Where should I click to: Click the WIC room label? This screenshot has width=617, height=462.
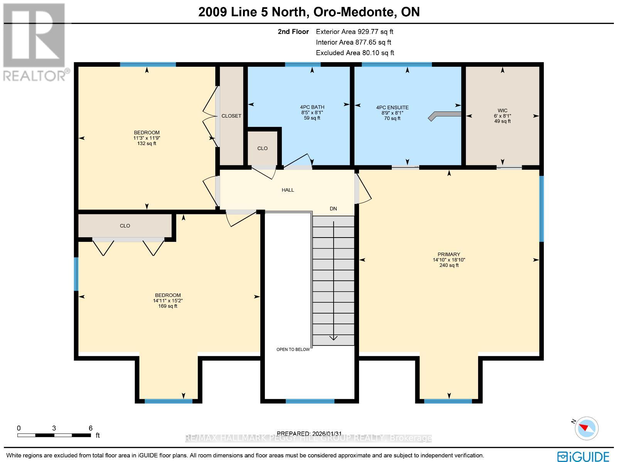click(502, 110)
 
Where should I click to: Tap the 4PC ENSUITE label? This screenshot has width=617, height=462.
click(392, 107)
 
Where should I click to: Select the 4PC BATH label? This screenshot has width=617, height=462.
click(312, 107)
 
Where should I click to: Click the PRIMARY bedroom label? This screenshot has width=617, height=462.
click(448, 254)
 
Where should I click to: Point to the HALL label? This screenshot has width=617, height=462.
click(288, 190)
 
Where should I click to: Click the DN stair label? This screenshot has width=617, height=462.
click(333, 209)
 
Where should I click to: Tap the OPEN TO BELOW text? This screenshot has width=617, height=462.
click(293, 349)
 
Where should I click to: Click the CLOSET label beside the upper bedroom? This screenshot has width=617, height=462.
click(231, 116)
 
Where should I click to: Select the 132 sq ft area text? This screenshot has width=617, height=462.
click(147, 143)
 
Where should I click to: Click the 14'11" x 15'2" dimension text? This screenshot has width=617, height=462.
click(168, 300)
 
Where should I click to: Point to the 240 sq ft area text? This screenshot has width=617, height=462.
click(449, 265)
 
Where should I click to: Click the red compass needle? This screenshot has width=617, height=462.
click(584, 428)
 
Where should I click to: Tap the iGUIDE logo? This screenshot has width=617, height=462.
click(583, 456)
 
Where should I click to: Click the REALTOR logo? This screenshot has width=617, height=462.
click(36, 42)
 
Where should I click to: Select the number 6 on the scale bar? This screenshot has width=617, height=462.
click(91, 428)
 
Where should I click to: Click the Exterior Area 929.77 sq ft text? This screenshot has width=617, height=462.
click(354, 32)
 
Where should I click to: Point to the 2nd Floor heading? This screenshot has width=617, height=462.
click(293, 32)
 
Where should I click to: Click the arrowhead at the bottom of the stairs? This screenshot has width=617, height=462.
click(334, 338)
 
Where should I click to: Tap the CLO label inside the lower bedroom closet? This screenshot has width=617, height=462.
click(125, 226)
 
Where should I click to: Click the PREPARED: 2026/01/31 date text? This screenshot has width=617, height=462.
click(309, 433)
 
